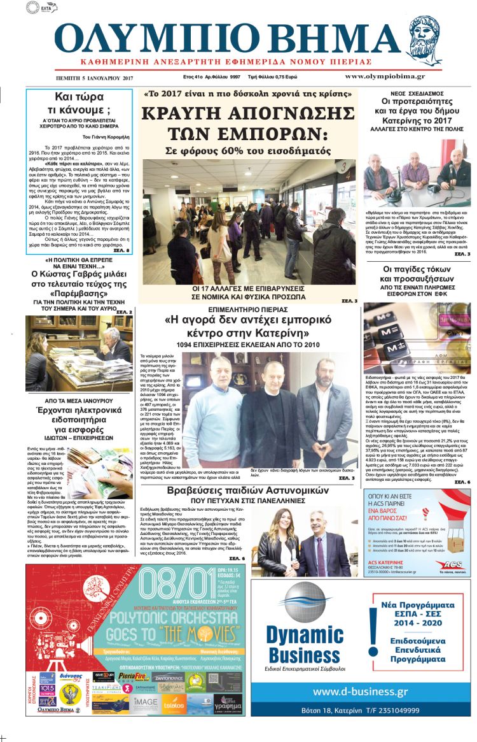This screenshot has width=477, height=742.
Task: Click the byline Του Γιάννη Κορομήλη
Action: point(106,136)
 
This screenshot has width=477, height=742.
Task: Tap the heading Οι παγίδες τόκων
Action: point(417,270)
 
